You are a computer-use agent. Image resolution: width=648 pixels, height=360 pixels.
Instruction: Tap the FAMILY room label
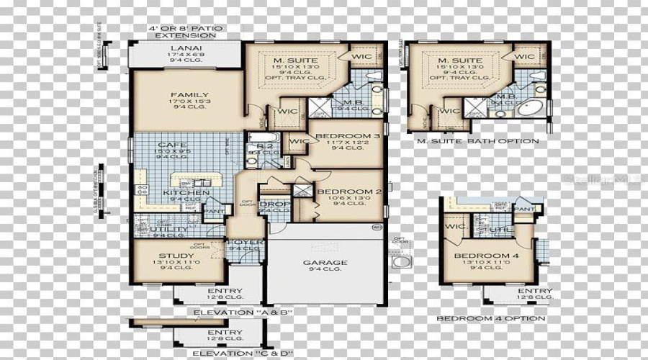coord(189,94)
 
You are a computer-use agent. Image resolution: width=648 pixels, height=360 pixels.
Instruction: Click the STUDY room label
coord(176,256)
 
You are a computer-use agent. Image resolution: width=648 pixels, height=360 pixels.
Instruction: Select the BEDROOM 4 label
coord(486,256)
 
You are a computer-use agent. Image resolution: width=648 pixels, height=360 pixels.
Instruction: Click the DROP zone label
coord(274,204)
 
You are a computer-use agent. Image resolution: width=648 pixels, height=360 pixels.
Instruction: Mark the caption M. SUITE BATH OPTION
coord(477,141)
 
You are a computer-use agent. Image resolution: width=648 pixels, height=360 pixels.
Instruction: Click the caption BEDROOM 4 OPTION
coord(491,318)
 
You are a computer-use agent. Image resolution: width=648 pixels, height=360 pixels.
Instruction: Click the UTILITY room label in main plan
coord(169,229)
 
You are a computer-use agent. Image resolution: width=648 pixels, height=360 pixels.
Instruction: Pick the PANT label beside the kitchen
coord(214,211)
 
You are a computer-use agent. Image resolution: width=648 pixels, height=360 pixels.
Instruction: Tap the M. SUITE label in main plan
coord(297,60)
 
